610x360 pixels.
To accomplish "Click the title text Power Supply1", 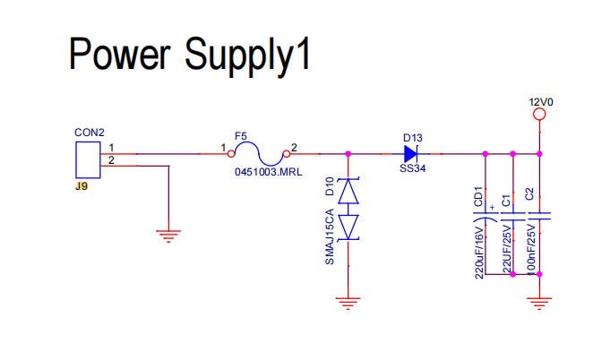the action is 190,56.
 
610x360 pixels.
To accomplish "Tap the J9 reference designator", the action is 82,186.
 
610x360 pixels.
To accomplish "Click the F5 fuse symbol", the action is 259,154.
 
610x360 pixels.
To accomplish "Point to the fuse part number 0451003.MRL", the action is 269,172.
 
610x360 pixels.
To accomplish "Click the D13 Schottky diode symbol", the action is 411,154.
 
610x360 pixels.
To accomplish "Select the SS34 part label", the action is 412,168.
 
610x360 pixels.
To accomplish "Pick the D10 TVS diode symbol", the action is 348,210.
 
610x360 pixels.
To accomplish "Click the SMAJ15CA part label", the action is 330,236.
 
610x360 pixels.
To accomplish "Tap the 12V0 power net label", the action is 541,102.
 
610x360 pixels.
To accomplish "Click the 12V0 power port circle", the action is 539,115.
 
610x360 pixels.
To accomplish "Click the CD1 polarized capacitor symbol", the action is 485,217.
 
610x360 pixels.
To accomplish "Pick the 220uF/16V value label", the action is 479,252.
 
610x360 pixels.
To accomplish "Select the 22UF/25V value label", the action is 506,249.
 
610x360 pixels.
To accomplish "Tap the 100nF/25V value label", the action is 530,249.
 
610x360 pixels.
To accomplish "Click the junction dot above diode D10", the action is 348,154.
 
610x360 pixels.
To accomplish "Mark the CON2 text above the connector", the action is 90,133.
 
